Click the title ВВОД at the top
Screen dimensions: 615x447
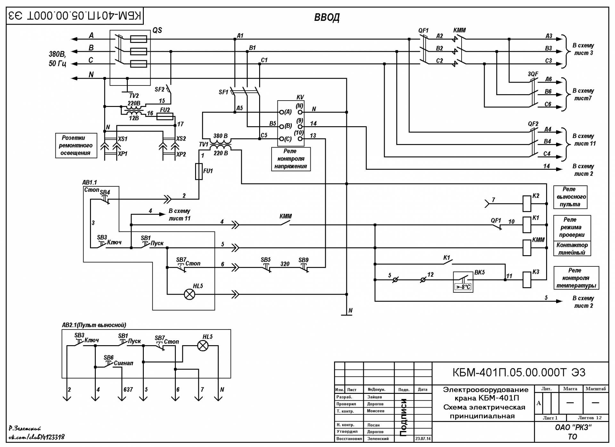(327, 17)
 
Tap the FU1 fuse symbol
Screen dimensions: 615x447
(199, 171)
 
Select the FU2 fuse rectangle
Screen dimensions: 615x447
(165, 116)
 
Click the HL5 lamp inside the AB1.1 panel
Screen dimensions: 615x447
(190, 294)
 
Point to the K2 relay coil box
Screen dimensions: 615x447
(527, 204)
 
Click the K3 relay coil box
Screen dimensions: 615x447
(527, 280)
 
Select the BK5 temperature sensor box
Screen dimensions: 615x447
(463, 282)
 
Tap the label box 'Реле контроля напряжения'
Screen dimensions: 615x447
(291, 159)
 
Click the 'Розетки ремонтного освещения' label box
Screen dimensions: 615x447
(76, 145)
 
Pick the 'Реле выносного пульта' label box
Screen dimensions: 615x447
(570, 197)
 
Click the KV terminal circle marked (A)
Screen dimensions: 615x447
(282, 112)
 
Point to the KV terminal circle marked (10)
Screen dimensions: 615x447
(300, 139)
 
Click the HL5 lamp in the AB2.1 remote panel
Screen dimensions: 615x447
(202, 345)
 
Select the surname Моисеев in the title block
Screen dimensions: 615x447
(376, 411)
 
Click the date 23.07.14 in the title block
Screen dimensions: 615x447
(423, 439)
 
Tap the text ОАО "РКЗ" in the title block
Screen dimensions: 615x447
(573, 427)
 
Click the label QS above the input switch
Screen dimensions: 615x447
(157, 30)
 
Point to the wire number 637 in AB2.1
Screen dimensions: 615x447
(128, 390)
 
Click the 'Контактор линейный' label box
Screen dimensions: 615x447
(572, 248)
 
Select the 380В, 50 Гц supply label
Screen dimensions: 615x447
(58, 59)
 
